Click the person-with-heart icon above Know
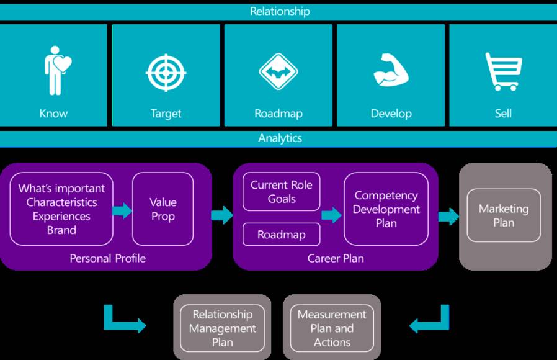[x=57, y=72]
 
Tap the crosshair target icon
[x=166, y=73]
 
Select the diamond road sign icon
[x=278, y=72]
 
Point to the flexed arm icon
[x=391, y=71]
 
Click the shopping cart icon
[x=503, y=71]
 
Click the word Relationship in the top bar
[x=280, y=11]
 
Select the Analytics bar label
[x=280, y=138]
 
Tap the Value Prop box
[x=163, y=209]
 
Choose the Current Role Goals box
[x=282, y=192]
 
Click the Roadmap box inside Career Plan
[x=282, y=235]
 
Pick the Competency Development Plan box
[x=386, y=209]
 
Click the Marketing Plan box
[x=504, y=215]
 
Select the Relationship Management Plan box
[x=222, y=328]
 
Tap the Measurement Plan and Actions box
[x=332, y=328]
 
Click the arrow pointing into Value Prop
[x=123, y=210]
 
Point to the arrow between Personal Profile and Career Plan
[x=221, y=215]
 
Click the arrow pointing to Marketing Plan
[x=448, y=216]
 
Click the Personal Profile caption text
[x=107, y=258]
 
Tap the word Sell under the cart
[x=503, y=114]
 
